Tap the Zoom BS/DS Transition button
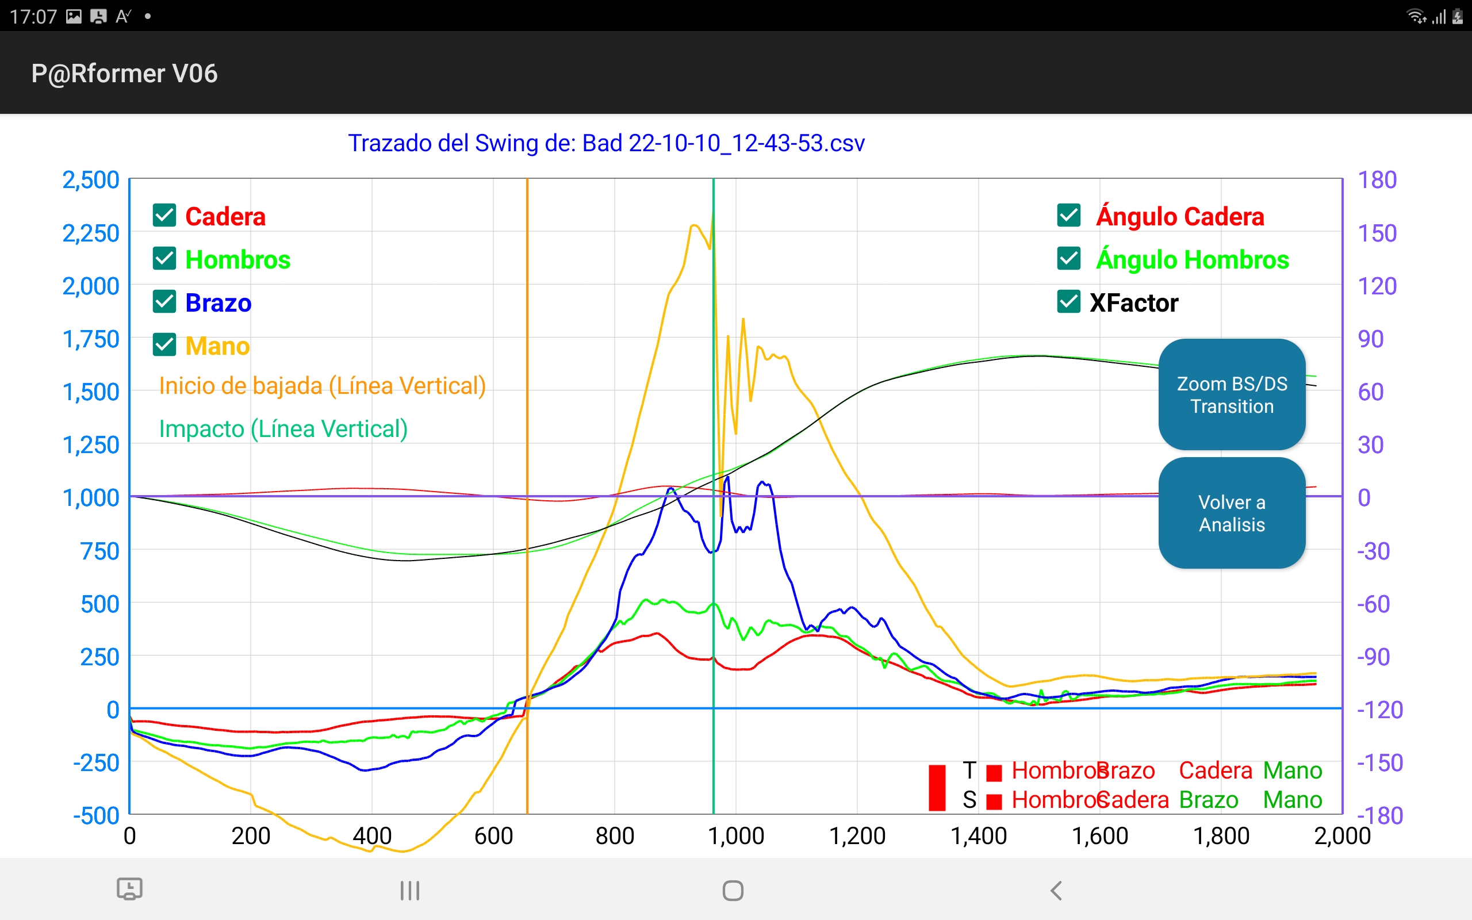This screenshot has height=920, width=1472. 1231,394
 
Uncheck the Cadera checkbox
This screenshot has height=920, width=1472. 164,216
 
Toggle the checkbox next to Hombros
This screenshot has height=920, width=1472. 164,259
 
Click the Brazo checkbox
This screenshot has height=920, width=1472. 164,302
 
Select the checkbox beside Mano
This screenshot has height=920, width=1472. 164,345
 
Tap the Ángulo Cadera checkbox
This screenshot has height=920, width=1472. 1068,216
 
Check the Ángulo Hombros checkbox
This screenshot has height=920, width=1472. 1068,259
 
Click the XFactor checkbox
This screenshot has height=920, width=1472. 1068,302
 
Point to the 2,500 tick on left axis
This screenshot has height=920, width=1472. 91,180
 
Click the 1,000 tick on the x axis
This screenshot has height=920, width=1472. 735,836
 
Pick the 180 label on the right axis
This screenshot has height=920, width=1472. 1377,180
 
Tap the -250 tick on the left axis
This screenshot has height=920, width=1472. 95,762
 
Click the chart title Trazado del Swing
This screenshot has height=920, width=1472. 606,144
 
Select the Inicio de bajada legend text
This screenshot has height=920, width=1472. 323,386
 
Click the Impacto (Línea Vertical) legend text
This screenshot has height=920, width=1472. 283,429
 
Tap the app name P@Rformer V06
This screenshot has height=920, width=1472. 124,74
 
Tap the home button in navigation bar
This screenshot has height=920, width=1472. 733,890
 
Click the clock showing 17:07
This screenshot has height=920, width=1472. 33,17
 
